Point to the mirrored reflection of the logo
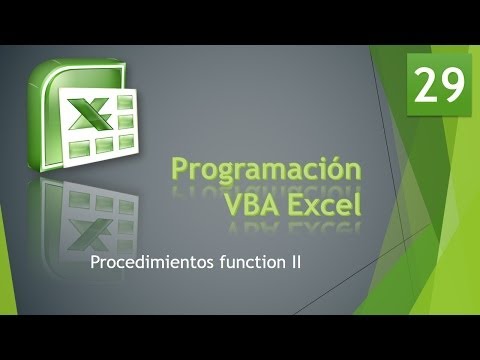95,215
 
